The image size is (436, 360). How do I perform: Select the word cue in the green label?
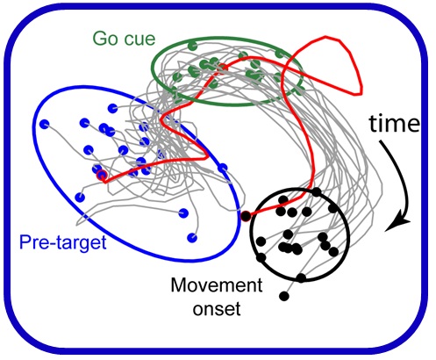coord(139,40)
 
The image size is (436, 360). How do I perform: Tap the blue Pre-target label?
coord(63,243)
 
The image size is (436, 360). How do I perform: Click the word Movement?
coord(217,285)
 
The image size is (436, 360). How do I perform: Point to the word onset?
coord(217,308)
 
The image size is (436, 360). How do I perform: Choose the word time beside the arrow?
coord(394,124)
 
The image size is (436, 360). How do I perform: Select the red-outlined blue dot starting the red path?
coord(102,175)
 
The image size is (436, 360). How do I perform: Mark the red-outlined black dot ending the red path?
coord(246,216)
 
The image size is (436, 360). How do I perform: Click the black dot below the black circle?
coord(284,296)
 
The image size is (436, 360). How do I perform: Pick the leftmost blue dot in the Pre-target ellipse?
coord(45,125)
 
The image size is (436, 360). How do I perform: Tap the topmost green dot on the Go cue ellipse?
coord(192,46)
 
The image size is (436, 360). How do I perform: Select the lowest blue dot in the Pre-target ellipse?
coord(192,237)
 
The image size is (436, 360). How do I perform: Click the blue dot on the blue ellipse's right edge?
coord(223,169)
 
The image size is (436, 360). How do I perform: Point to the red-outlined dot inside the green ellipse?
coord(222,67)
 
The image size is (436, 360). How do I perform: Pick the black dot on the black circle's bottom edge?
coord(301,277)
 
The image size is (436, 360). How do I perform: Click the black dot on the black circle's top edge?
coord(316,192)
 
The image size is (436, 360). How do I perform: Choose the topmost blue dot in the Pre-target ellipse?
coord(112,108)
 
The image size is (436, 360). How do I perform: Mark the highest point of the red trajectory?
coord(325,37)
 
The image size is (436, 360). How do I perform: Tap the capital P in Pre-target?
coord(25,242)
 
